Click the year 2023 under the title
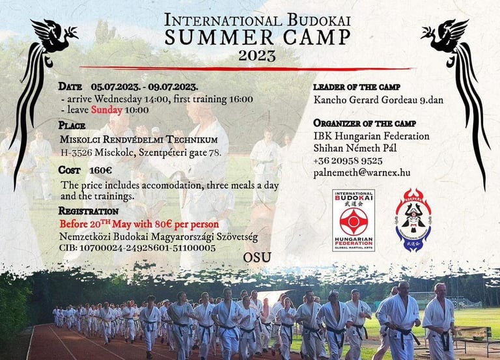pos(257,55)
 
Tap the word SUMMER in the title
pos(219,37)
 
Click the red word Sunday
pos(107,110)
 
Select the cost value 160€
pos(100,171)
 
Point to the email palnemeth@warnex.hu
pos(361,173)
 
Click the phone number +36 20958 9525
pos(348,161)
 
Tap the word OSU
pos(257,257)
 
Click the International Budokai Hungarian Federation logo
pos(354,220)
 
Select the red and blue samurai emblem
pos(413,219)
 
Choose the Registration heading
pos(89,211)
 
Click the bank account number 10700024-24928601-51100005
pos(147,248)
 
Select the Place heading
pos(72,125)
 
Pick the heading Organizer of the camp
pos(365,123)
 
